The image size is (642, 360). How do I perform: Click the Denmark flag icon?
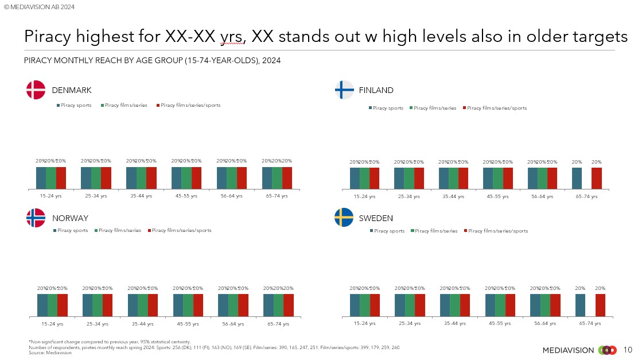click(x=36, y=90)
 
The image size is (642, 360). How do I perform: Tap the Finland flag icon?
click(x=344, y=90)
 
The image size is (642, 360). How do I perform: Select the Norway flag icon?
click(x=36, y=218)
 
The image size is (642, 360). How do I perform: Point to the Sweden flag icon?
click(x=344, y=218)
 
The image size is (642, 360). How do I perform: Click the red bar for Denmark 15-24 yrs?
click(x=61, y=177)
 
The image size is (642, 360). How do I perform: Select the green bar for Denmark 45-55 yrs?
click(x=186, y=177)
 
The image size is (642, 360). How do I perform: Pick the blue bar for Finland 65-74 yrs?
click(x=577, y=178)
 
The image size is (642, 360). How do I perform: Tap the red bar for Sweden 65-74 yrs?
click(x=600, y=305)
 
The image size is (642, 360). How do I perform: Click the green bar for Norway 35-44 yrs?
click(x=142, y=305)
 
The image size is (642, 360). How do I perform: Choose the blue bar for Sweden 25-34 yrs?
click(x=400, y=305)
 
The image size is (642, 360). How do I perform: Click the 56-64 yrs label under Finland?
click(x=542, y=196)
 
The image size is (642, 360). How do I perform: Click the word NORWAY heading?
click(x=70, y=218)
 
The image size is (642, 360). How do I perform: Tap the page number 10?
click(x=627, y=350)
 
